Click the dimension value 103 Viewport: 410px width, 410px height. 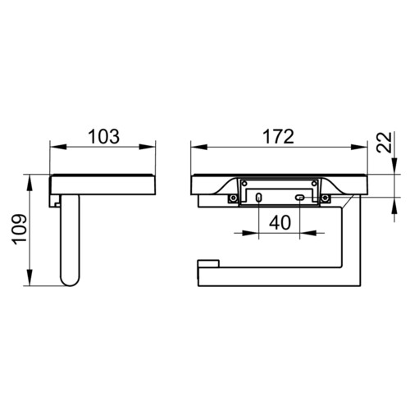(104, 136)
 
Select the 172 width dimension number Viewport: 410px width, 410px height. (278, 136)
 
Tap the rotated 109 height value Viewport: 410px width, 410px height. (19, 230)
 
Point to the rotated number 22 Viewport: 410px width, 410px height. (384, 142)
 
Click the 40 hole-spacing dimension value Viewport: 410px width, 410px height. (280, 222)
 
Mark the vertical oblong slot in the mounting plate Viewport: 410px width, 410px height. (258, 198)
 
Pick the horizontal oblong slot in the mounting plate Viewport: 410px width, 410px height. (300, 197)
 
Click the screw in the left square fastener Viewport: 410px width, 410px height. (233, 198)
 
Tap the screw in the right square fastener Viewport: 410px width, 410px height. (325, 198)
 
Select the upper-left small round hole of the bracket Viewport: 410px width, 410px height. (244, 184)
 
